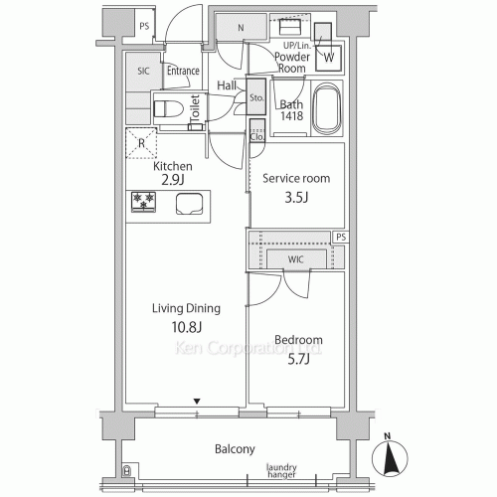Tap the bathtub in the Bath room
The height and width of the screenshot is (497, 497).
(327, 109)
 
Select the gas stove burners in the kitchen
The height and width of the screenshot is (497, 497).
(143, 202)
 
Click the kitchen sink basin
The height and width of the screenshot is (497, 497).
(189, 204)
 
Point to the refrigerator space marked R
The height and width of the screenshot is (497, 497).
(141, 143)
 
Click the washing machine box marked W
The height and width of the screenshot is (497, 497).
(328, 58)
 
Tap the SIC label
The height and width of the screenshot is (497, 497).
(143, 71)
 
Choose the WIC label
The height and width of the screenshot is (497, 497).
(295, 259)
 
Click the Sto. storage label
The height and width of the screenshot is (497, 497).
(256, 97)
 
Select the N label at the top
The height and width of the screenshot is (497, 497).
(241, 28)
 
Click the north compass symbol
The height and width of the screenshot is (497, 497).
(390, 455)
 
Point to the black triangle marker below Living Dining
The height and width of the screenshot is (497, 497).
(197, 402)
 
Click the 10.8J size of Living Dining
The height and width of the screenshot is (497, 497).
(187, 327)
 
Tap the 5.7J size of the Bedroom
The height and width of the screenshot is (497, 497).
(298, 359)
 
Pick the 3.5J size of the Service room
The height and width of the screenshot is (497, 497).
(296, 198)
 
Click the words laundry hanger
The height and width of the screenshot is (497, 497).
(281, 471)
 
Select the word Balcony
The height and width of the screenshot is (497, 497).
(235, 449)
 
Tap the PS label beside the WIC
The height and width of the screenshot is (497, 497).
(341, 237)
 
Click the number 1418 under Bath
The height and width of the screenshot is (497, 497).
(292, 115)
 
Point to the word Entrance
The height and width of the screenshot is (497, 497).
(183, 71)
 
